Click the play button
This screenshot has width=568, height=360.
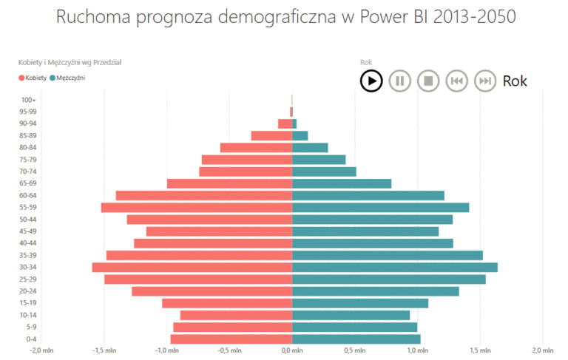371,80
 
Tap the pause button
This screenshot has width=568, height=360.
399,80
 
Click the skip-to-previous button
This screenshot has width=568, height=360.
456,80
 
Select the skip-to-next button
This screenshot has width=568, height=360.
484,80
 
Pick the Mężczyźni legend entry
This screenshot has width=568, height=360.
67,77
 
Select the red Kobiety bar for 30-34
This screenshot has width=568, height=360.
192,267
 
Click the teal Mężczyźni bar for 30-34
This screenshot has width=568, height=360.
395,267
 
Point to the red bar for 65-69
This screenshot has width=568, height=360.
229,183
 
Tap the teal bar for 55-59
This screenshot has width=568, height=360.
381,207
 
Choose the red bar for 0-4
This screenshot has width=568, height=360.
231,339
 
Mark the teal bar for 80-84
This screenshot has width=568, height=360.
311,147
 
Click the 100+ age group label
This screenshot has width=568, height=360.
28,100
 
